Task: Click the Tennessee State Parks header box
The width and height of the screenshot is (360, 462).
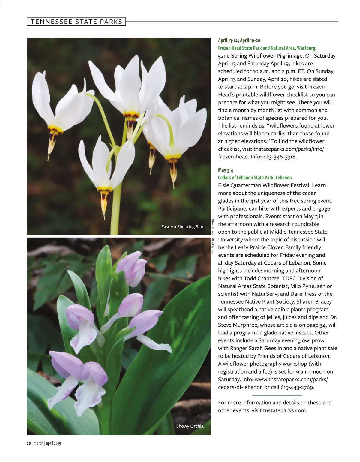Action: pos(76,22)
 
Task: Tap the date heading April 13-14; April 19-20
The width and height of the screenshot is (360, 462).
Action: pos(239,40)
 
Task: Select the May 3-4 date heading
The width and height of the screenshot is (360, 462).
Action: pos(226,170)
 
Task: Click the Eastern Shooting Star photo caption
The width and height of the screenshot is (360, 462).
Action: pos(183,227)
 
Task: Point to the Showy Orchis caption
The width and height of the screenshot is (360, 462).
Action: pos(190,426)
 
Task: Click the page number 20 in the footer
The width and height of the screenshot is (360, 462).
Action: pos(29,443)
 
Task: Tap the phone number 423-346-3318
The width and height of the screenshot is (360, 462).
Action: pos(280,157)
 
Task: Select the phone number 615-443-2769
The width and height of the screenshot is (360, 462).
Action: pos(297,387)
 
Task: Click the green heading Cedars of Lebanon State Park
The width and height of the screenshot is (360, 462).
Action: pos(255,178)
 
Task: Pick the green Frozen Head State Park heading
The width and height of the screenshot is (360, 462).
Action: pos(267,48)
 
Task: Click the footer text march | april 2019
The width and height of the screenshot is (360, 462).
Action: pos(47,443)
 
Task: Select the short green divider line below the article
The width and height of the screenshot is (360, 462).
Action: pos(277,395)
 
